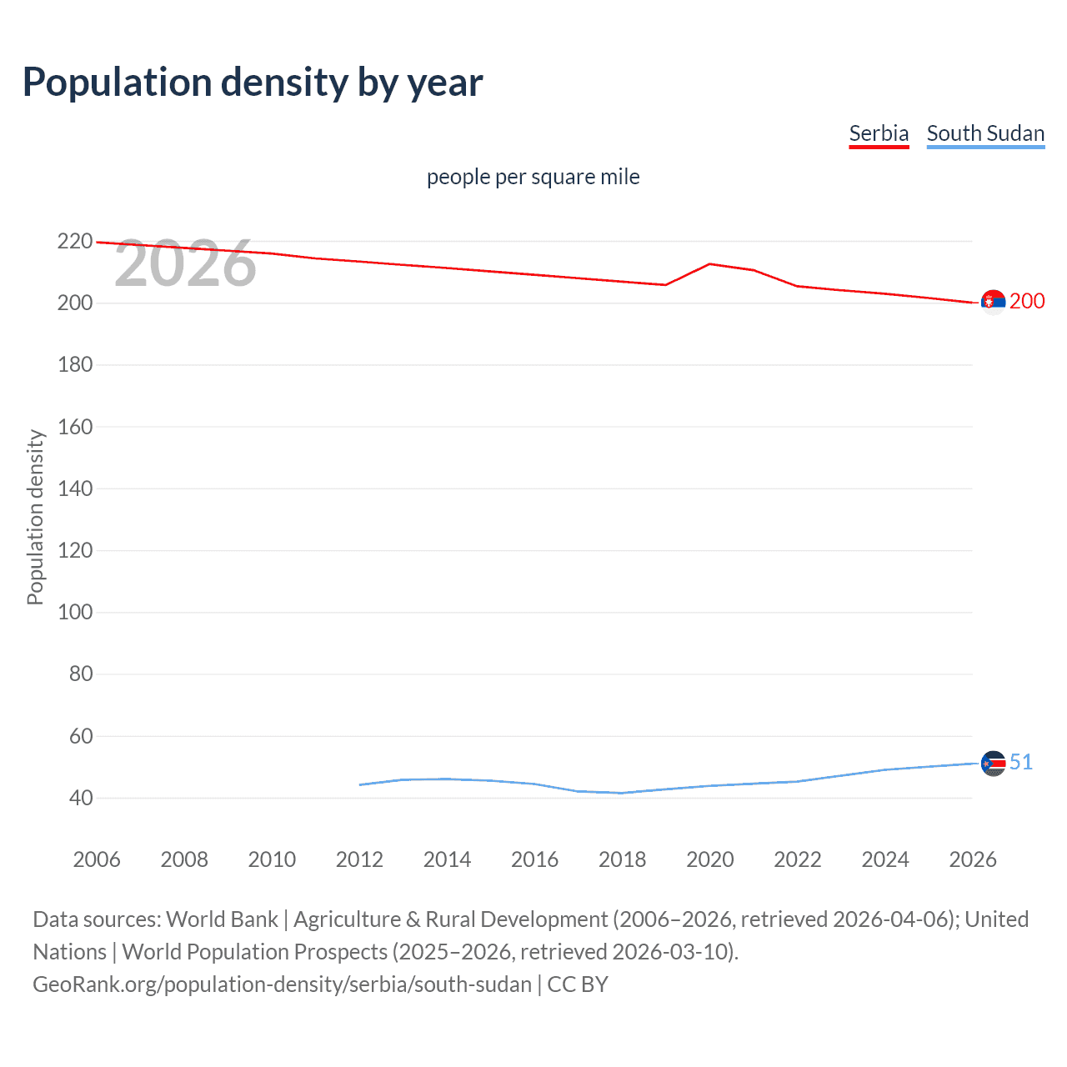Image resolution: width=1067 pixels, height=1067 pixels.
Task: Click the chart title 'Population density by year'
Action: [253, 83]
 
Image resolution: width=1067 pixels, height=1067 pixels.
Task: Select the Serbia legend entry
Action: [879, 133]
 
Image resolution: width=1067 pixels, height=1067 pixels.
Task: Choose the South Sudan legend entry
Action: [985, 133]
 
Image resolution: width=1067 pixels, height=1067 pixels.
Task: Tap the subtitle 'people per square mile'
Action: [533, 177]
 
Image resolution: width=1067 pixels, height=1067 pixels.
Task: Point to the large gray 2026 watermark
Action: [185, 264]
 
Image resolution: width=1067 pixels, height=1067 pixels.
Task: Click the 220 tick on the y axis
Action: [75, 242]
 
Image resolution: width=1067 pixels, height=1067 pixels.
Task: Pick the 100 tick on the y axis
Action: [75, 612]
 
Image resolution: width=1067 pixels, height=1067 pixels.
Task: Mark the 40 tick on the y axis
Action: [81, 798]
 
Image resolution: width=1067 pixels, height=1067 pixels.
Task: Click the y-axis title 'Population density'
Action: [35, 517]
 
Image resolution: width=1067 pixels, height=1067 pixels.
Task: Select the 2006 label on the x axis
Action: [97, 859]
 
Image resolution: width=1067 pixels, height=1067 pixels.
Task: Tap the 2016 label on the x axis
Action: [534, 859]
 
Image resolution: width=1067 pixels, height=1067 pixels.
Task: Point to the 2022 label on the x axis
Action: [797, 859]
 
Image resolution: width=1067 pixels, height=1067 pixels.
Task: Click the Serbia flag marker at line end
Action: [993, 302]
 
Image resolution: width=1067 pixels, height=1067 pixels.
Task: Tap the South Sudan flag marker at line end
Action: [993, 763]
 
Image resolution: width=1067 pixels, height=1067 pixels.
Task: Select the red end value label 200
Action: [1027, 302]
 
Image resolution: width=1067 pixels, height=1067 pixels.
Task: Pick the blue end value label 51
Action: [1021, 763]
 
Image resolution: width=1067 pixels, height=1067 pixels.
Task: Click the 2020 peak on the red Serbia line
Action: [709, 263]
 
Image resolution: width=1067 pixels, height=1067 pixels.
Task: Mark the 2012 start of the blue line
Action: [360, 784]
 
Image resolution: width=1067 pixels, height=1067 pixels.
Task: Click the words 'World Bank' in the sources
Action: [222, 919]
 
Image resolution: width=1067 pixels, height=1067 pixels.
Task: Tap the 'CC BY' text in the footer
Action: [578, 984]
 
